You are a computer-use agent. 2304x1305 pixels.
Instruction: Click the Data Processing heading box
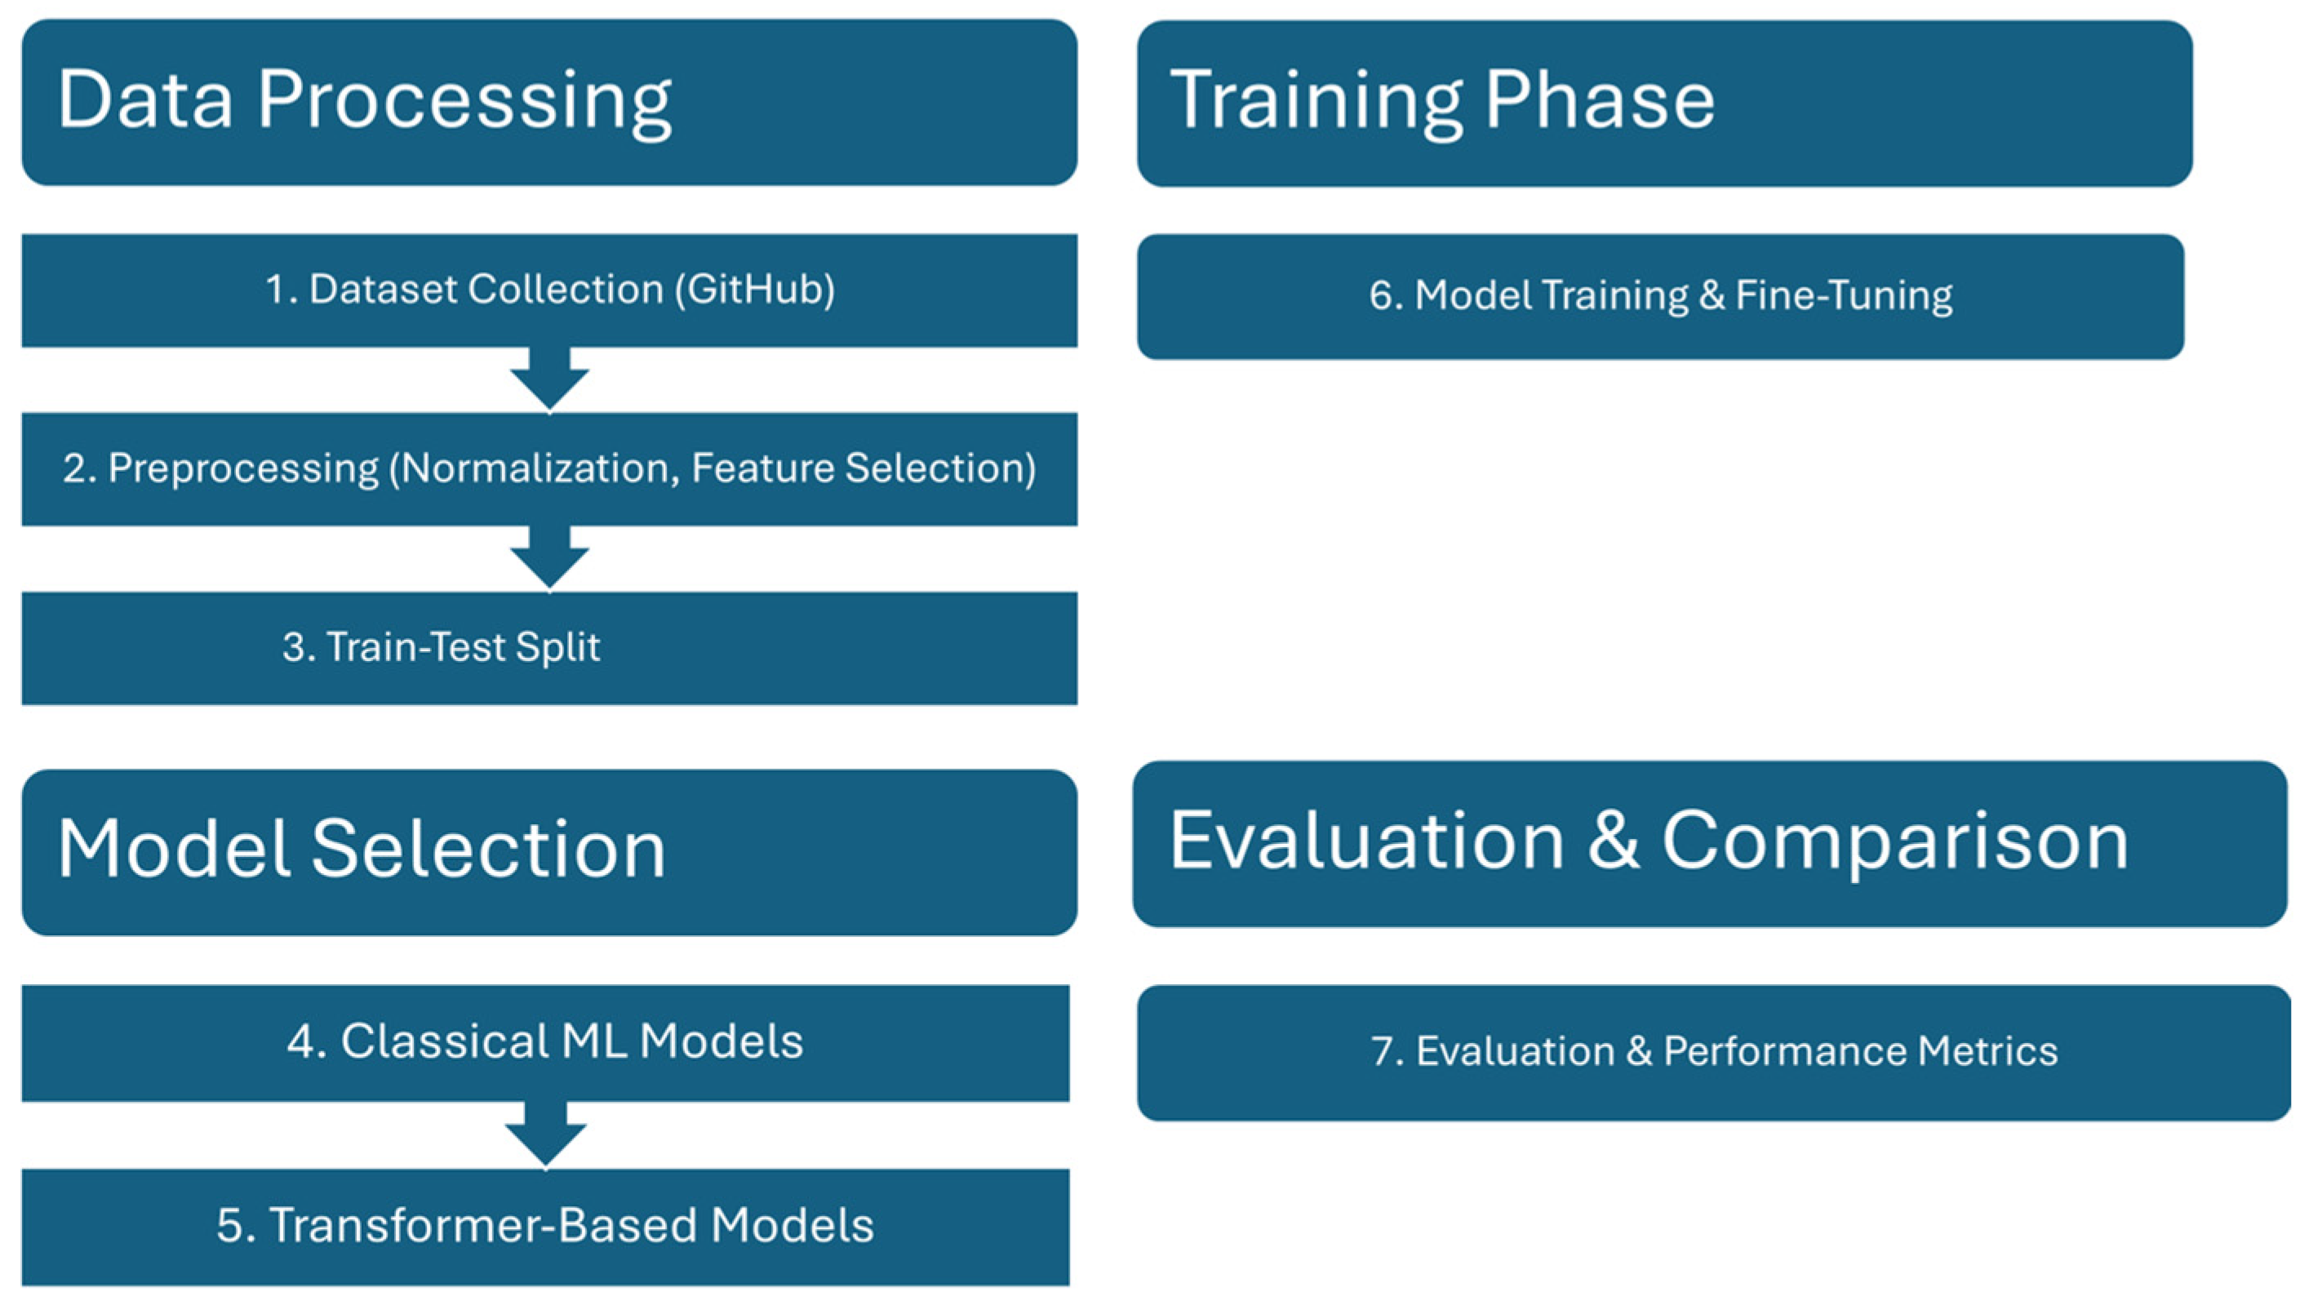(x=549, y=102)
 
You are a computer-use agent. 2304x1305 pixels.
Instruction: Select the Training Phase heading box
(x=1664, y=103)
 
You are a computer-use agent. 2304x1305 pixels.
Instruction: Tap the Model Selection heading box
(x=549, y=852)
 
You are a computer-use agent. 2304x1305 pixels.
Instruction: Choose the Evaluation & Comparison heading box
(x=1710, y=843)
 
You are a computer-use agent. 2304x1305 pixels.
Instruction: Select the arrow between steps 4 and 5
(x=545, y=1134)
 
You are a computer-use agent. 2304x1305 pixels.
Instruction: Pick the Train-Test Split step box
(x=549, y=648)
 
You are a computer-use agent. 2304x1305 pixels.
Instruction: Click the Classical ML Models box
(x=545, y=1043)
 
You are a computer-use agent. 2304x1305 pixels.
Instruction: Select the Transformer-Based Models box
(x=545, y=1227)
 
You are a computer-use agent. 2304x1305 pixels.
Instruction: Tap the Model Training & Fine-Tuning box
(x=1661, y=297)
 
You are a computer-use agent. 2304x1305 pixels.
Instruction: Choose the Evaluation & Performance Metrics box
(x=1713, y=1052)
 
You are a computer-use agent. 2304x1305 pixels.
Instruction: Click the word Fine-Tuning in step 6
(x=1844, y=295)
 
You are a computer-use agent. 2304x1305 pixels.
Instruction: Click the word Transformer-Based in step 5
(x=484, y=1225)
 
